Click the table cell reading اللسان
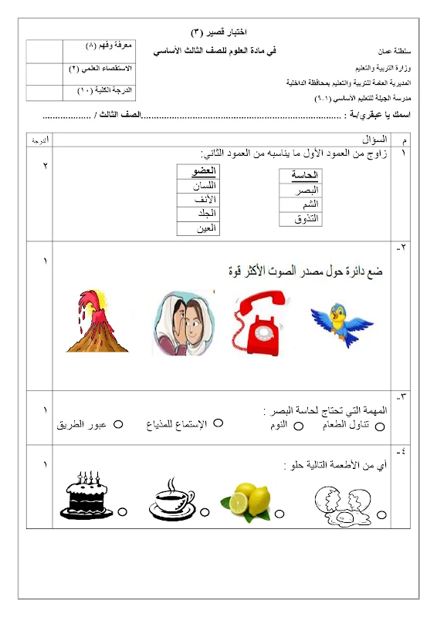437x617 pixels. tap(198, 186)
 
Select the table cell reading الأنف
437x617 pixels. tap(198, 200)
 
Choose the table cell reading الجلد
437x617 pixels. tap(198, 214)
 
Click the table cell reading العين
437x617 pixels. tap(198, 228)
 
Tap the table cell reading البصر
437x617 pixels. tap(300, 190)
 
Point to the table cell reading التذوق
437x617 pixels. tap(300, 219)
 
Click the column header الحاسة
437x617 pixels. tap(300, 176)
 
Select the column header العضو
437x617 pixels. tap(198, 171)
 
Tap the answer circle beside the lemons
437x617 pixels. tap(280, 512)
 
